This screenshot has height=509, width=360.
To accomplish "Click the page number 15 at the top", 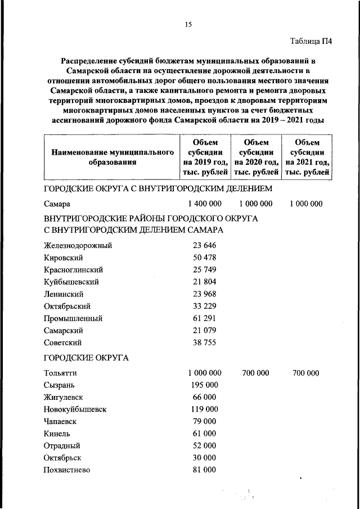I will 188,24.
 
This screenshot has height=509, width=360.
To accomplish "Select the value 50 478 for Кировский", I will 204,257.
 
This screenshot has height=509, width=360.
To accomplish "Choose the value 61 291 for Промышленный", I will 204,318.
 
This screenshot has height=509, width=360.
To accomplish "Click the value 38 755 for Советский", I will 204,342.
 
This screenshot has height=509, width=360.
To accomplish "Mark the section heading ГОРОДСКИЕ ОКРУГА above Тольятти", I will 86,357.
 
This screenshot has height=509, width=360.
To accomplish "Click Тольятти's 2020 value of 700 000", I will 255,373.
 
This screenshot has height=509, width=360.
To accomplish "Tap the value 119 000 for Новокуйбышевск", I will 204,409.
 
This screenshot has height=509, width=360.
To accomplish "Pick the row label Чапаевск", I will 60,421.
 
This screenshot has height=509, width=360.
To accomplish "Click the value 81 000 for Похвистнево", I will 204,470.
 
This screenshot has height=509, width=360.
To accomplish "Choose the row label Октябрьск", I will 63,458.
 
